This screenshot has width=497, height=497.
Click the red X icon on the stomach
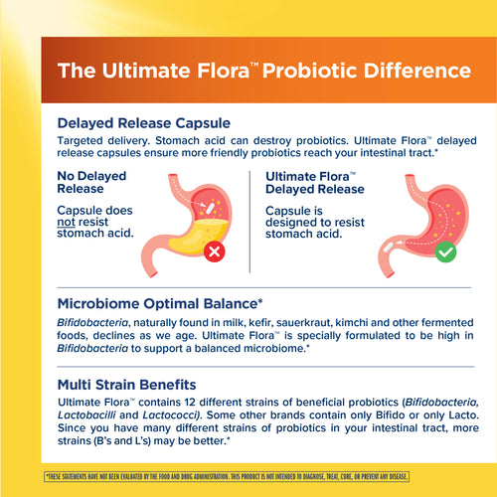click(x=212, y=251)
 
